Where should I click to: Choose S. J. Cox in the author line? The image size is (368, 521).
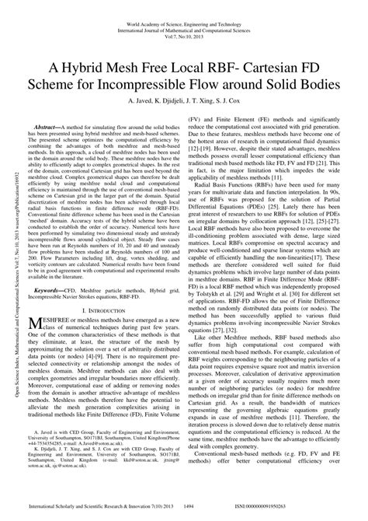[239, 100]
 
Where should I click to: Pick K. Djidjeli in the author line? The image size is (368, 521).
[168, 100]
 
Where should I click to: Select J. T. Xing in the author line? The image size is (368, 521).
[206, 100]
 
